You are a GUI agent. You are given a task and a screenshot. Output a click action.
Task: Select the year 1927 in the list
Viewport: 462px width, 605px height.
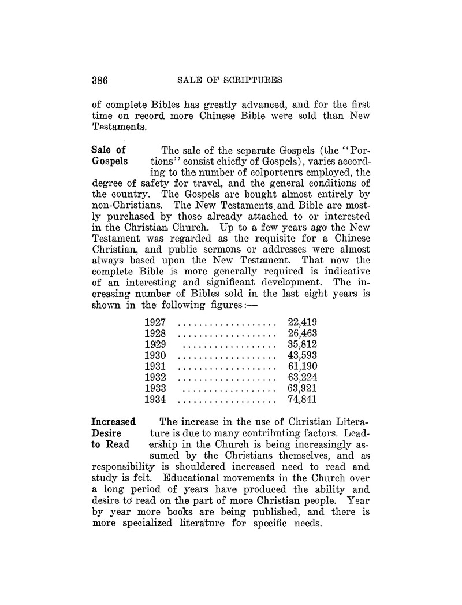pyautogui.click(x=155, y=322)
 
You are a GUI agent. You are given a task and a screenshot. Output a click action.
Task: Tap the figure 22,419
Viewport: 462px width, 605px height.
pyautogui.click(x=303, y=322)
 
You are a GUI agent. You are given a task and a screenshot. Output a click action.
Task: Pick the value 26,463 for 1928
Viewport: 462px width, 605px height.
pyautogui.click(x=303, y=333)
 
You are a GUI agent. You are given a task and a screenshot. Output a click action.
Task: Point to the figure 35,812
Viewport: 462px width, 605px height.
pyautogui.click(x=303, y=344)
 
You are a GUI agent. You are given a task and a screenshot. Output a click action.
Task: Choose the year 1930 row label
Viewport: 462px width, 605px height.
pyautogui.click(x=155, y=355)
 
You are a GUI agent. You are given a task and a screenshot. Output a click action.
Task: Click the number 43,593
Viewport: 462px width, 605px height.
pyautogui.click(x=303, y=355)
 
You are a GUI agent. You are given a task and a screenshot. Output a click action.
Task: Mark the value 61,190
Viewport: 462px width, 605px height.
pyautogui.click(x=303, y=366)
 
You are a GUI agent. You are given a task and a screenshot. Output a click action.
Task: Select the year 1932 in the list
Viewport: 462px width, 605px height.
pyautogui.click(x=155, y=377)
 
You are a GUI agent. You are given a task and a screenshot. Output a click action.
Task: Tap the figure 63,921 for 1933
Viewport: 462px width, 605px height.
pyautogui.click(x=303, y=388)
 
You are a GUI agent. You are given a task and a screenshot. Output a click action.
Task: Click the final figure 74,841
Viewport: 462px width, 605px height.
pyautogui.click(x=303, y=399)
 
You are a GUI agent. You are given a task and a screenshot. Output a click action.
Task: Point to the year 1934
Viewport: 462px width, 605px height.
pyautogui.click(x=155, y=399)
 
